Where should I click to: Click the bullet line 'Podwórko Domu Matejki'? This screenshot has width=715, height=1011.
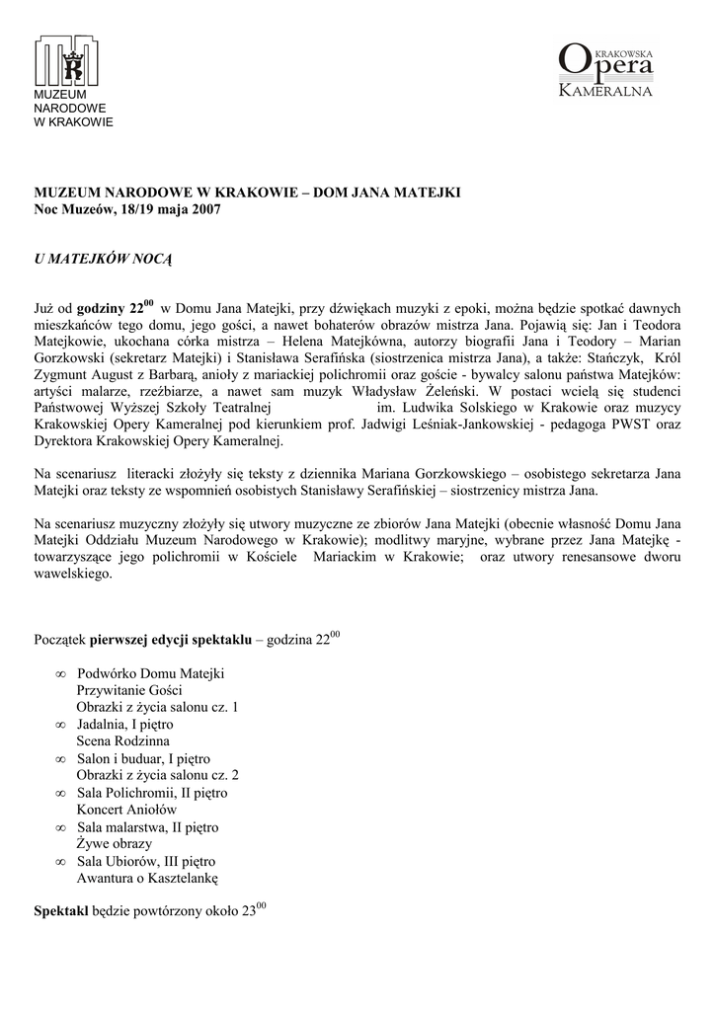click(151, 673)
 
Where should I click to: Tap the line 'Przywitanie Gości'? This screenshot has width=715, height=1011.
click(129, 690)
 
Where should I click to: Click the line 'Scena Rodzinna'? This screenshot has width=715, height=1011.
click(123, 740)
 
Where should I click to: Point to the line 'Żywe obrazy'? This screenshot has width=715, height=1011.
click(115, 844)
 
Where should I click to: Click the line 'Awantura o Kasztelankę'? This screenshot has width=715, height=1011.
click(147, 878)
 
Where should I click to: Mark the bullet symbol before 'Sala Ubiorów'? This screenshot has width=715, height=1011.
click(61, 862)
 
